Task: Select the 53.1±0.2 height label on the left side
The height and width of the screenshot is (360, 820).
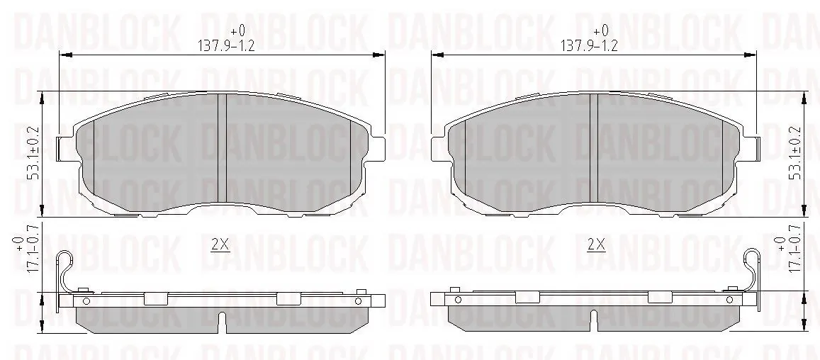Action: [35, 153]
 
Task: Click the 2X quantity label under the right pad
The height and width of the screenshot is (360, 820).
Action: [595, 244]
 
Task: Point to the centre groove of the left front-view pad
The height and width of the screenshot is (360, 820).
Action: [222, 148]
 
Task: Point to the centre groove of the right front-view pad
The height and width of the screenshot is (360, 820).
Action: [593, 148]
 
